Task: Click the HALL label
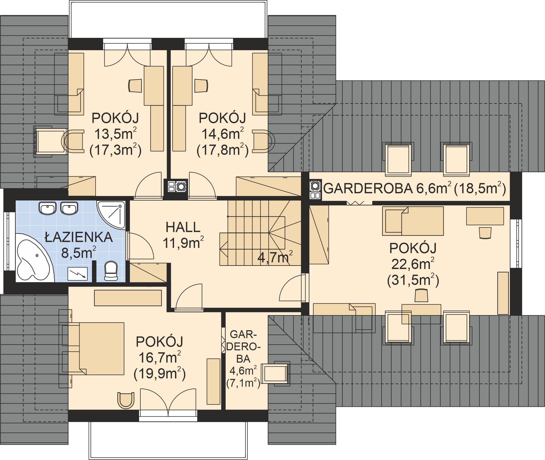[x=183, y=227]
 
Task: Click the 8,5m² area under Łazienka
[x=78, y=252]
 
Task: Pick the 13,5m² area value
[x=115, y=134]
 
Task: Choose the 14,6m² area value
[x=223, y=134]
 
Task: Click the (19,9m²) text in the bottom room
[x=160, y=373]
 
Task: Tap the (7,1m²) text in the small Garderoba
[x=243, y=383]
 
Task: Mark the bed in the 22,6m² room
[x=413, y=221]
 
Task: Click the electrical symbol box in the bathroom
[x=77, y=274]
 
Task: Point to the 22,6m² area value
[x=413, y=264]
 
